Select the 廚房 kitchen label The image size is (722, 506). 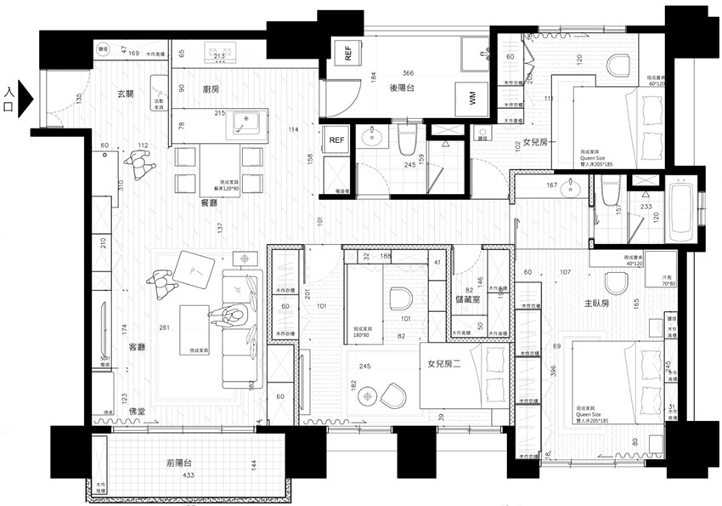coord(212,88)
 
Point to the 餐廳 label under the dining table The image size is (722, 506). coord(208,203)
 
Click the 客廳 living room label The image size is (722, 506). coord(137,347)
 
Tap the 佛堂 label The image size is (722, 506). coord(138,412)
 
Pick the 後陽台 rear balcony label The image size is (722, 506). coord(402,88)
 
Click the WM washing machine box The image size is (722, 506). coord(471,99)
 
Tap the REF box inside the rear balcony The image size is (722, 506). coord(348,54)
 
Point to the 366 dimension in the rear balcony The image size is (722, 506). coord(408,73)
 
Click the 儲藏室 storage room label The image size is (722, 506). coord(469,298)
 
